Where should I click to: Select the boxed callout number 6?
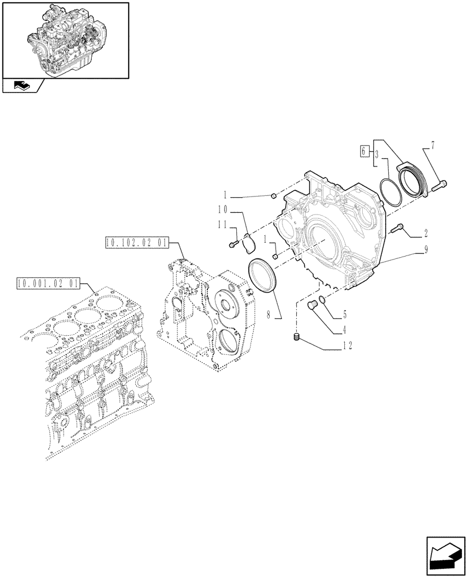click(x=363, y=151)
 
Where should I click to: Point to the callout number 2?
click(x=425, y=234)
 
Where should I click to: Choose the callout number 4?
click(x=344, y=331)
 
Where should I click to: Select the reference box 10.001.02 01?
click(x=49, y=283)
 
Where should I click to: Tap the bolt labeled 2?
click(x=397, y=229)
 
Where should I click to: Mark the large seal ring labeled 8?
click(x=263, y=277)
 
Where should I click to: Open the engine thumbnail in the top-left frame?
click(x=65, y=39)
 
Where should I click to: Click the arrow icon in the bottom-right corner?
click(x=445, y=556)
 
